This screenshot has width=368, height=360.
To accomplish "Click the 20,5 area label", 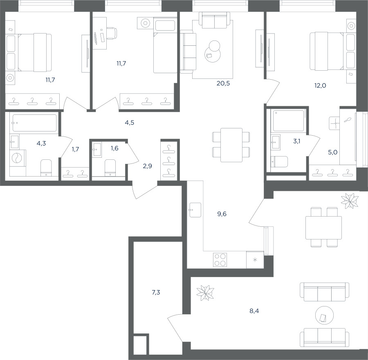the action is click(223, 83).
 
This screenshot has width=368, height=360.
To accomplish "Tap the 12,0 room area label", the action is click(320, 85).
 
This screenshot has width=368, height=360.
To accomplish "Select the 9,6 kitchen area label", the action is click(222, 214).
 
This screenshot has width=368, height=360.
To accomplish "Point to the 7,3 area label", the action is click(156, 292).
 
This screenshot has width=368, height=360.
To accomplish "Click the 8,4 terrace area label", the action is click(254, 311).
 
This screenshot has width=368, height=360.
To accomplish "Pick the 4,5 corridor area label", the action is click(130, 123).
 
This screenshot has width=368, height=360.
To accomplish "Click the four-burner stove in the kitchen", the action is click(220, 260).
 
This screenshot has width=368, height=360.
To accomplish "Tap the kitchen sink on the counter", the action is click(195, 210).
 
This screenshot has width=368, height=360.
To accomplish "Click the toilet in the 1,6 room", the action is click(110, 168).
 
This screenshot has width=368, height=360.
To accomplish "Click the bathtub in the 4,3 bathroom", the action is click(34, 123).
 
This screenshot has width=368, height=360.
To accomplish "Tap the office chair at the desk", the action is click(112, 33).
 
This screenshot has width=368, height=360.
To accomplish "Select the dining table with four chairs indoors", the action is click(231, 145).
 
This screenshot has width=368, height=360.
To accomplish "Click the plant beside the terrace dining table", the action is click(350, 201).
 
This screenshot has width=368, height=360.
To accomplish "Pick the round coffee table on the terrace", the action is click(324, 315).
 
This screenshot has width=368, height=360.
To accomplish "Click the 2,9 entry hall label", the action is click(147, 166).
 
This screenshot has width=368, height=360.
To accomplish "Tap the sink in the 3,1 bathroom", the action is click(276, 142).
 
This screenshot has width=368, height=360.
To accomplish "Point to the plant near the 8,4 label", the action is click(205, 293).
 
